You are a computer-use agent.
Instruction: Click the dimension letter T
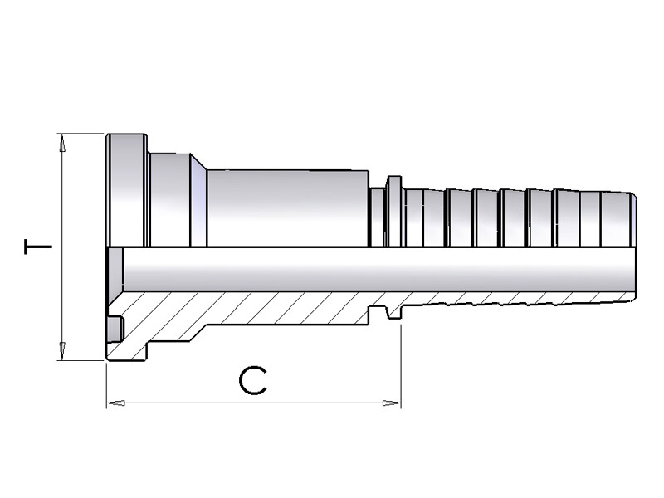[x=37, y=247]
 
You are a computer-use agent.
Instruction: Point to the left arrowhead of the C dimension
[x=116, y=403]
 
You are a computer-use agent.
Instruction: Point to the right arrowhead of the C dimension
[x=391, y=403]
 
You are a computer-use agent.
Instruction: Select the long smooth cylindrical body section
[x=286, y=207]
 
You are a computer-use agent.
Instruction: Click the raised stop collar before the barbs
[x=394, y=211]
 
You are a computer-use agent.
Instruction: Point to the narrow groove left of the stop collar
[x=378, y=217]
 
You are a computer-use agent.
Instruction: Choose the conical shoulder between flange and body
[x=199, y=203]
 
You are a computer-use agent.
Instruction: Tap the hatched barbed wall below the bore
[x=515, y=297]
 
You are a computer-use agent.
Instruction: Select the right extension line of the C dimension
[x=401, y=365]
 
